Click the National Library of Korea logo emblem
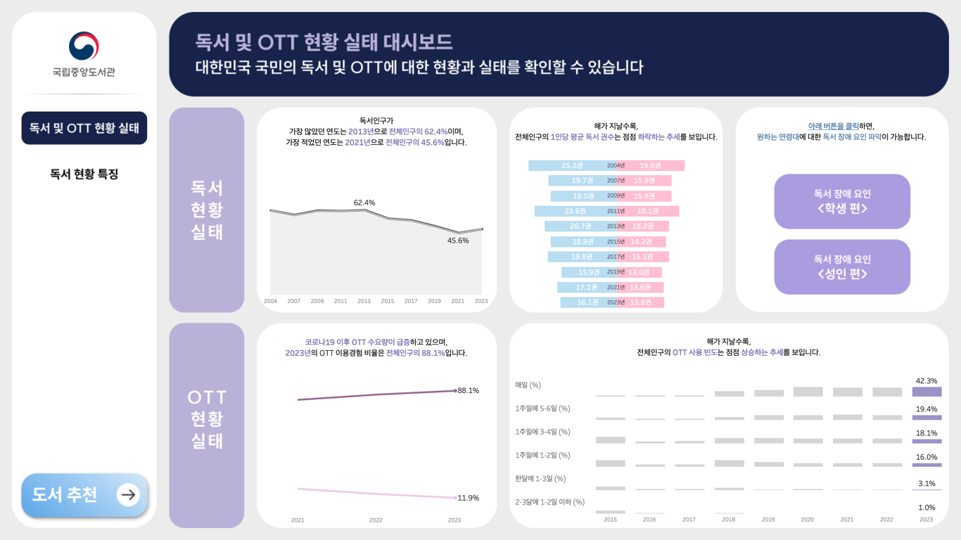[x=84, y=46]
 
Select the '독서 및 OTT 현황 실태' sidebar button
[x=84, y=128]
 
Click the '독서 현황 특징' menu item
[x=84, y=174]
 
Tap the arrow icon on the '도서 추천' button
[x=128, y=494]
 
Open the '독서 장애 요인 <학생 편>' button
[x=842, y=201]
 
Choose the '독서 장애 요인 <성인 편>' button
[x=842, y=267]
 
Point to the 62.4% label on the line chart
[x=364, y=202]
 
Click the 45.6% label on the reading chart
[x=458, y=240]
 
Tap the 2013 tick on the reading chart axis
[x=364, y=301]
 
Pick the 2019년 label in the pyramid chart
[x=616, y=272]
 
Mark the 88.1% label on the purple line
[x=468, y=390]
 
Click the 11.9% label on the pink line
[x=468, y=498]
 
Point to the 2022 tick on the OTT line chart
[x=376, y=520]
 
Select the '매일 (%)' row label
[x=528, y=385]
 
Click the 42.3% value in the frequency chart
[x=927, y=380]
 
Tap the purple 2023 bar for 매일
[x=927, y=392]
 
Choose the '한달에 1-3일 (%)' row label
[x=540, y=479]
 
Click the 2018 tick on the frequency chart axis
[x=728, y=520]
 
